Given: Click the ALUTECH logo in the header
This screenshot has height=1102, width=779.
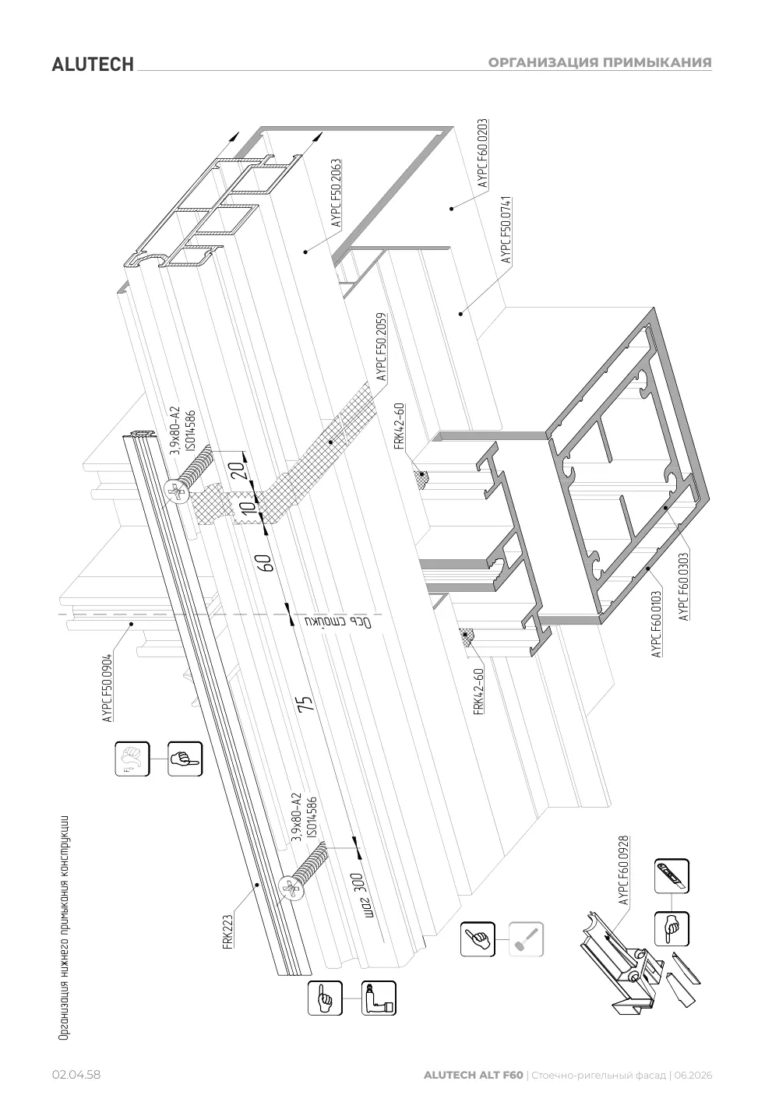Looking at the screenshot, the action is point(93,65).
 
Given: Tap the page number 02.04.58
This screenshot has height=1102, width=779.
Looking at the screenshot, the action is point(76,1075).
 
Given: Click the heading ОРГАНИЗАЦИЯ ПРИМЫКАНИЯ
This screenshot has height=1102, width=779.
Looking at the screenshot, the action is point(600,62).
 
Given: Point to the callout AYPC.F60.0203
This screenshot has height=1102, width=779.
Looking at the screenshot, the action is point(482,153).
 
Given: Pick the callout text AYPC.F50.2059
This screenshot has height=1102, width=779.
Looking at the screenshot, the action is point(381,347).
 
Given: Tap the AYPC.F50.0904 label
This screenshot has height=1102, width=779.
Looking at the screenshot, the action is point(108,687).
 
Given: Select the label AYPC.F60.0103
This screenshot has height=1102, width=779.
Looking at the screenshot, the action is point(656,624).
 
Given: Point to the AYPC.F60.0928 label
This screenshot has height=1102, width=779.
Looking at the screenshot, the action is point(623,870).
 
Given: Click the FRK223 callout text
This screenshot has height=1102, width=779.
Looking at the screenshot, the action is point(227,931).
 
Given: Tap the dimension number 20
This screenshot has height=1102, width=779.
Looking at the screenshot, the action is point(238,471).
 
